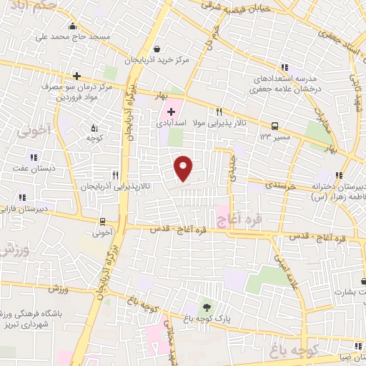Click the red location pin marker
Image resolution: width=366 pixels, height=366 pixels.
click(x=184, y=168)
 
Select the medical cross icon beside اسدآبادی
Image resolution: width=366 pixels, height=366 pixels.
click(x=171, y=112)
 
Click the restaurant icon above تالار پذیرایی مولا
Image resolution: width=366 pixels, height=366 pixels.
click(x=219, y=112)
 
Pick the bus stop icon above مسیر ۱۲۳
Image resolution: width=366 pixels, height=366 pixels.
click(x=275, y=123)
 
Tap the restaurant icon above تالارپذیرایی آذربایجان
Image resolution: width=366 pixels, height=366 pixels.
click(x=114, y=174)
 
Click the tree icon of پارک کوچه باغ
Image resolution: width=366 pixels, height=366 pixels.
click(x=207, y=307)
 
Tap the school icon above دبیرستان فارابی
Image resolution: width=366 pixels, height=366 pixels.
click(x=22, y=197)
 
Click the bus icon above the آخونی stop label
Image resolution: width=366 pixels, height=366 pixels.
click(x=103, y=222)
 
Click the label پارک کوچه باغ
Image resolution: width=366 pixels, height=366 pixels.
click(x=207, y=319)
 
